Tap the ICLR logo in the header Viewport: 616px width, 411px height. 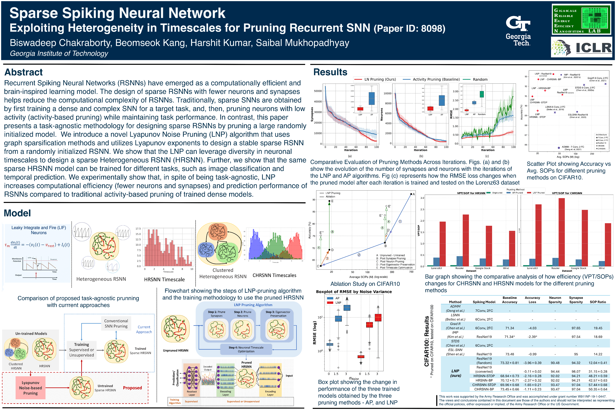pyautogui.click(x=581, y=47)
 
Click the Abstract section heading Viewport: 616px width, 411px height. pyautogui.click(x=24, y=72)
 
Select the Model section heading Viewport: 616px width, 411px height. pyautogui.click(x=17, y=213)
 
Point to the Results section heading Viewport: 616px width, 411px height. pyautogui.click(x=330, y=72)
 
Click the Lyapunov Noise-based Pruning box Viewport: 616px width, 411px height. pyautogui.click(x=30, y=388)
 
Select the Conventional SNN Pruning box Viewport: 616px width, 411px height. pyautogui.click(x=116, y=324)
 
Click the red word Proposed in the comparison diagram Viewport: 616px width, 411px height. pyautogui.click(x=132, y=388)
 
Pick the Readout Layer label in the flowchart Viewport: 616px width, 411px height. pyautogui.click(x=192, y=393)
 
